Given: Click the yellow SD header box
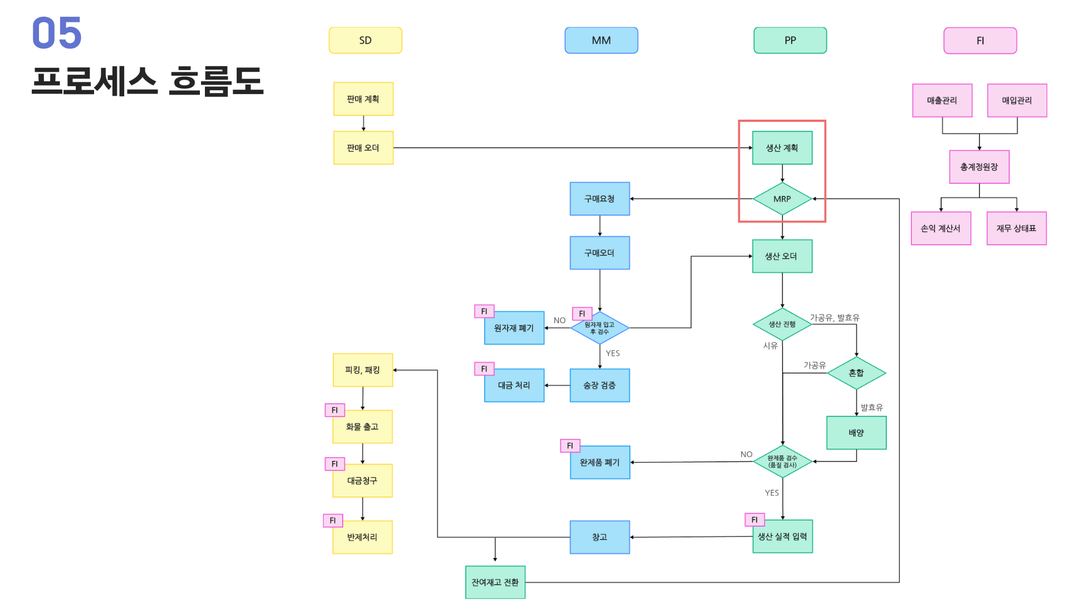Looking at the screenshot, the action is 365,41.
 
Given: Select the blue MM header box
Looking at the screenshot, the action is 601,41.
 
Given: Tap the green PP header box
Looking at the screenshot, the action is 790,41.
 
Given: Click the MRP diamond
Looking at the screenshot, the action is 782,199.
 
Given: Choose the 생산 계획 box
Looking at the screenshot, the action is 782,148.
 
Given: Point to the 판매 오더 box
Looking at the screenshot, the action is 364,148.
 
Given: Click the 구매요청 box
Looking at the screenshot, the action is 600,199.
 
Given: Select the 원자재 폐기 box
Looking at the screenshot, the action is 514,328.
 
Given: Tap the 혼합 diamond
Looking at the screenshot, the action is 856,373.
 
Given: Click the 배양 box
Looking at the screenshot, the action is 856,432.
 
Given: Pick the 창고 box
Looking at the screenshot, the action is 600,537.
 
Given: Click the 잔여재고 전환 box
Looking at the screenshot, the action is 495,582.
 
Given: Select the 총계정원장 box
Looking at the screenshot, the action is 979,167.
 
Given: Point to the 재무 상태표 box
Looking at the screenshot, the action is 1017,228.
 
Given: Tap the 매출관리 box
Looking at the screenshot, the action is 942,101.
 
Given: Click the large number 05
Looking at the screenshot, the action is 57,33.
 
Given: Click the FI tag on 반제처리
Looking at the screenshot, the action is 333,520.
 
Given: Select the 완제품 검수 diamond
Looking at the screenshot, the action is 782,461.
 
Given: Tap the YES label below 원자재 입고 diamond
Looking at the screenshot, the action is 612,353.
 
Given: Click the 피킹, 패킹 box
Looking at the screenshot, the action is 363,370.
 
